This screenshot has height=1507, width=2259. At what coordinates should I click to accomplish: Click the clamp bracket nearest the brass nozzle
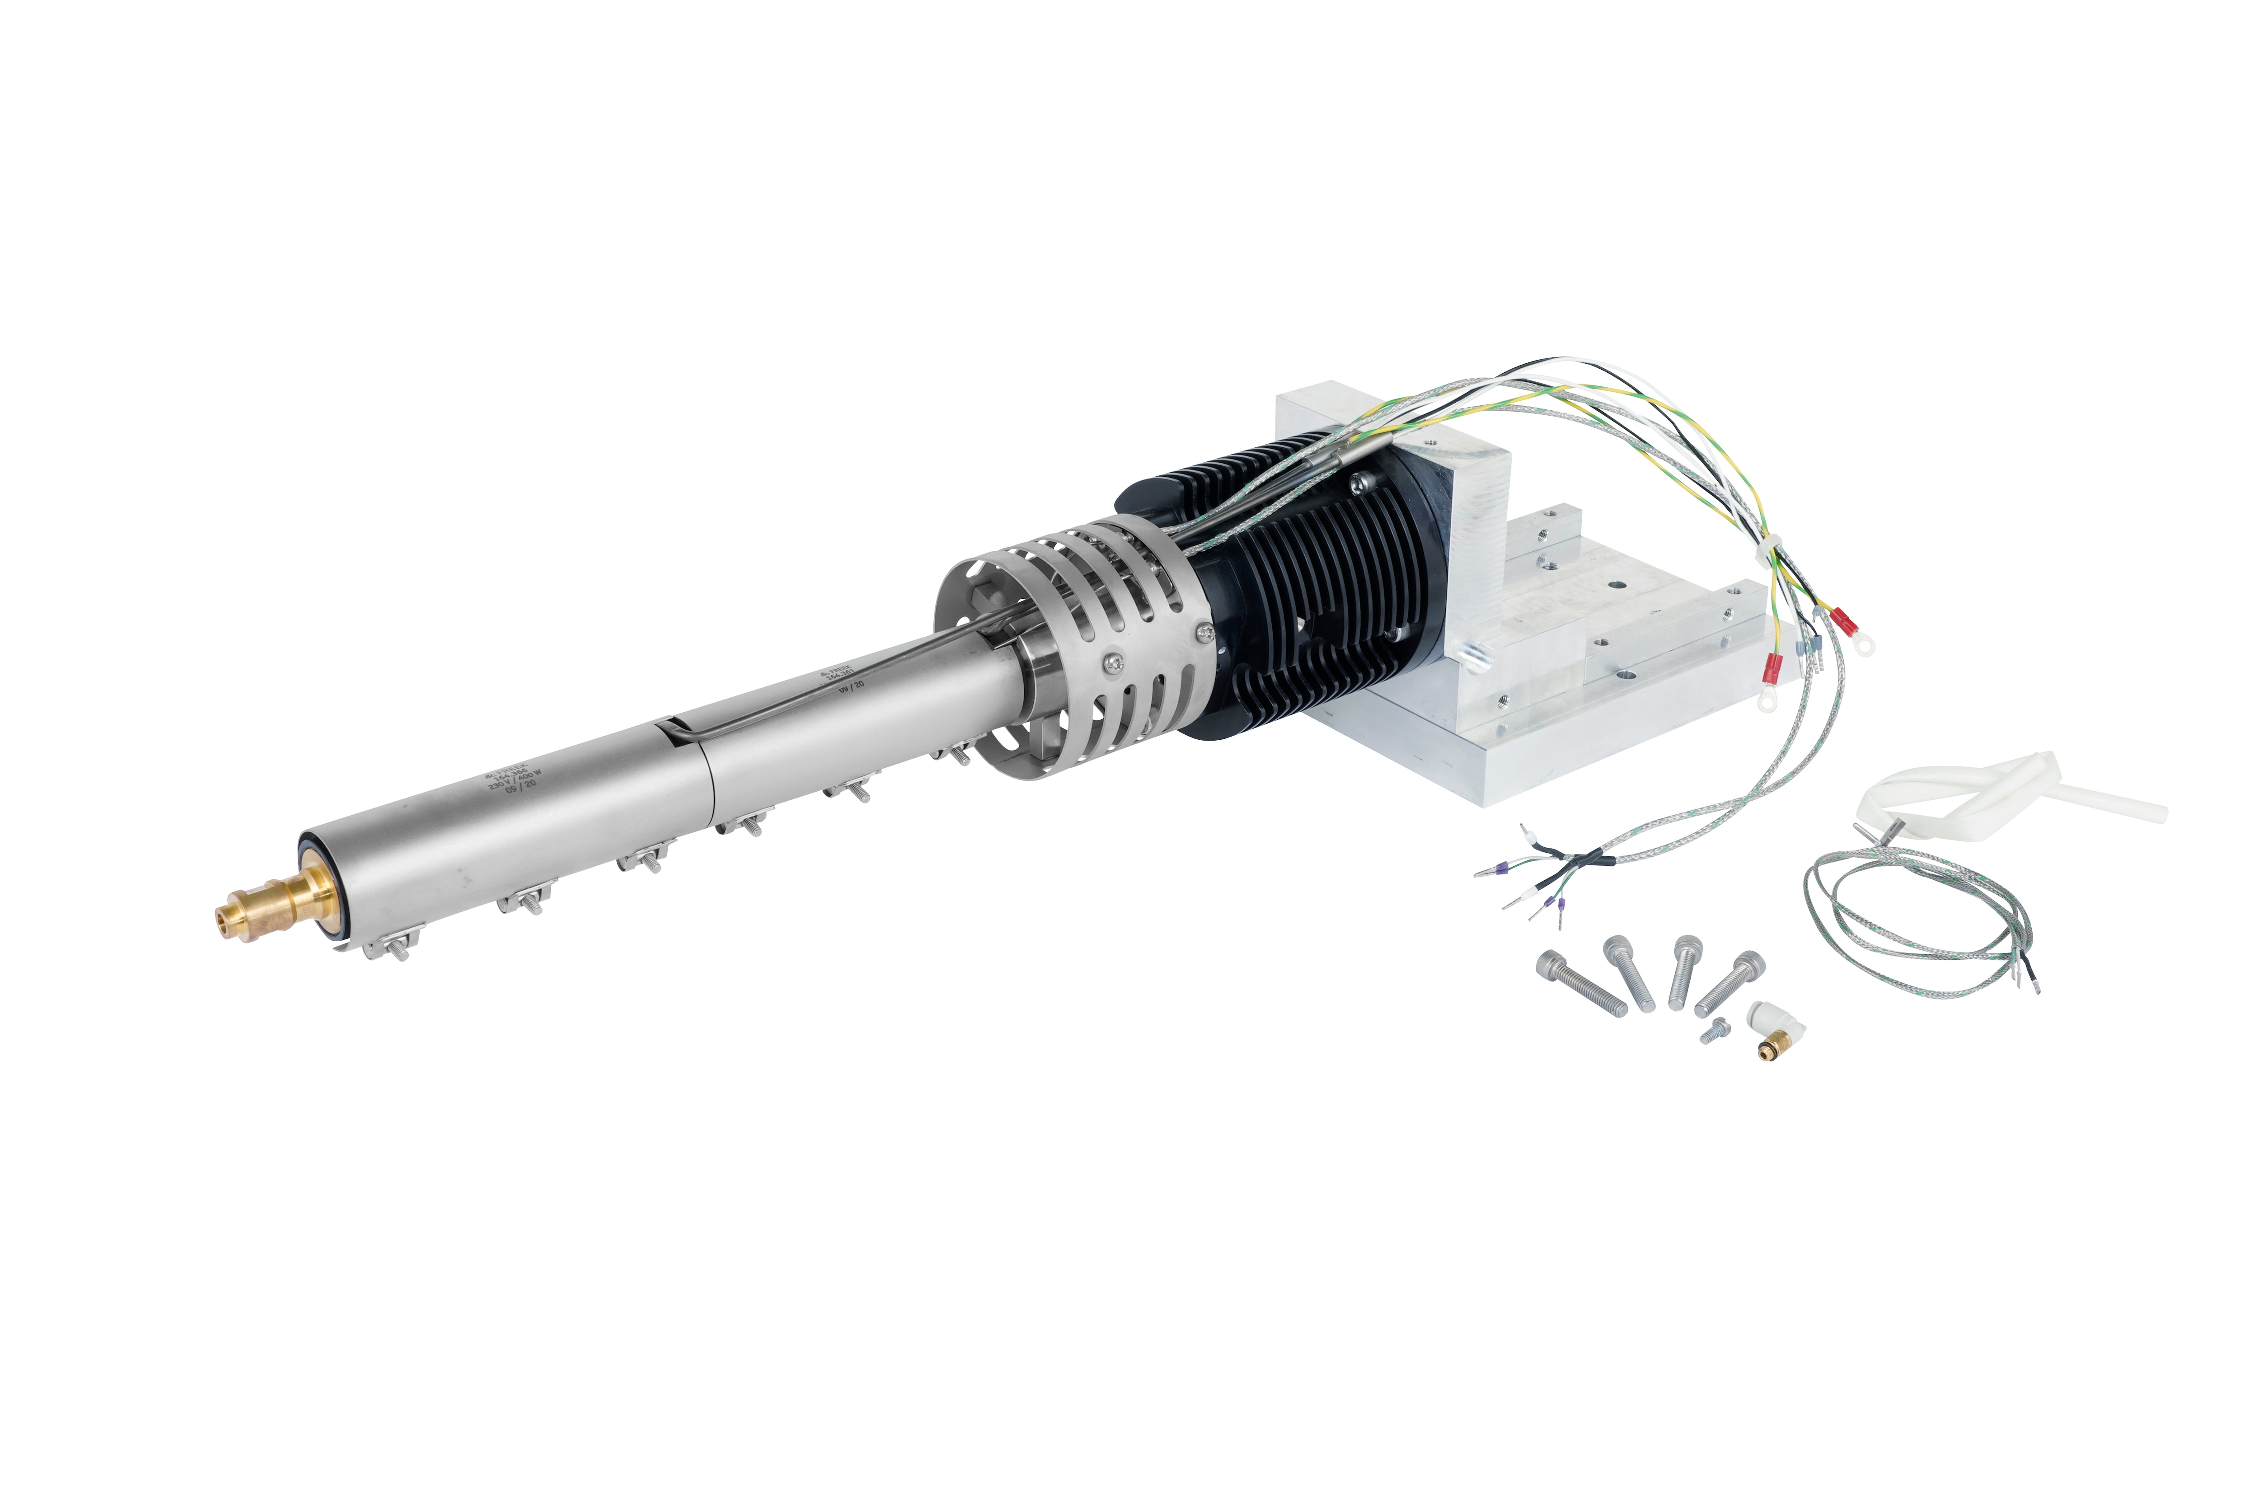pyautogui.click(x=389, y=947)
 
